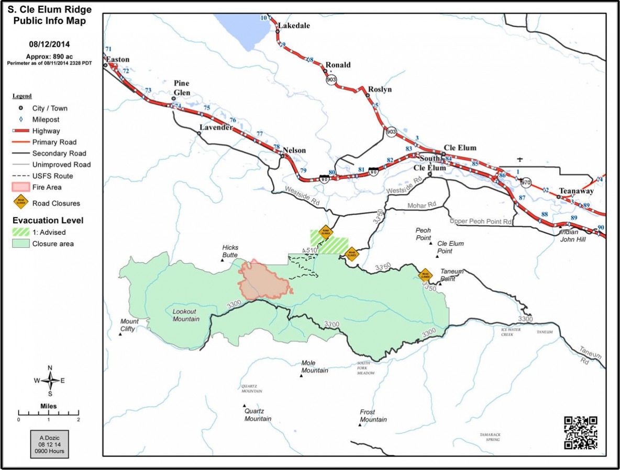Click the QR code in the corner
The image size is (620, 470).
[581, 432]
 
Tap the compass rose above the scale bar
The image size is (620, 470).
[50, 380]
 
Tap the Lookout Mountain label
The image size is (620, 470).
[186, 315]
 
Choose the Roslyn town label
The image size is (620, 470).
[380, 89]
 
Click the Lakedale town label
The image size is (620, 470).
[294, 26]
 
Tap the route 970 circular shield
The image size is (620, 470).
[526, 183]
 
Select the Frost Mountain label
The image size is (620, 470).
[373, 416]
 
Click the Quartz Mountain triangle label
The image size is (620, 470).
[258, 415]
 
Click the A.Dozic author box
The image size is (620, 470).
[49, 443]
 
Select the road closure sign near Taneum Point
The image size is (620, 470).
[425, 274]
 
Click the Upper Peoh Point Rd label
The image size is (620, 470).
[480, 222]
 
